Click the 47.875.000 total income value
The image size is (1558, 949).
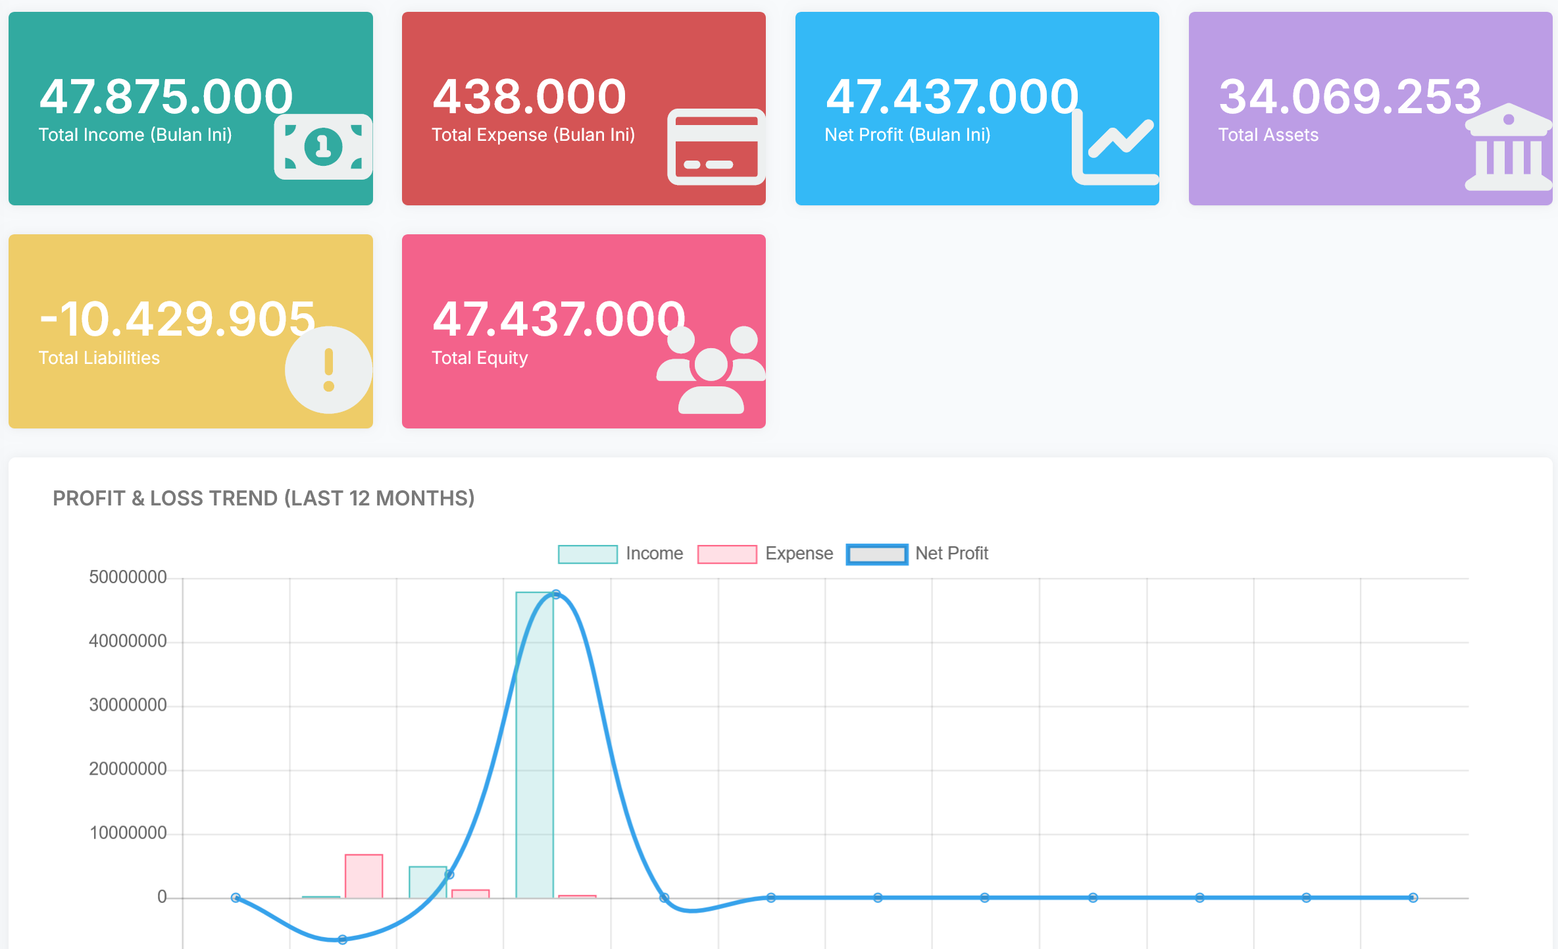(x=166, y=97)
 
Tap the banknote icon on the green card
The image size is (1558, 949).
(x=323, y=147)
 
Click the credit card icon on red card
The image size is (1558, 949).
(x=716, y=147)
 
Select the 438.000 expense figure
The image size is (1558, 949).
(x=529, y=97)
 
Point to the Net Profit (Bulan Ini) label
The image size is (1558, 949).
(x=907, y=135)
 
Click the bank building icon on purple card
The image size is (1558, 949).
(x=1508, y=147)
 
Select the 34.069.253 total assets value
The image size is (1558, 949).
(x=1350, y=97)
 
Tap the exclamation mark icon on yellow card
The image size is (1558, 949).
(x=328, y=370)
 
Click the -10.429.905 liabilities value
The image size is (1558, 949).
(x=178, y=319)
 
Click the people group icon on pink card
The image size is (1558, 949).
(x=711, y=370)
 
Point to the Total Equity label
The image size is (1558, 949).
(x=480, y=358)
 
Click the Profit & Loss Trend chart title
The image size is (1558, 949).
(x=263, y=498)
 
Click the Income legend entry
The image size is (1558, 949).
(x=620, y=553)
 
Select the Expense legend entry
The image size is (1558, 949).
(x=765, y=553)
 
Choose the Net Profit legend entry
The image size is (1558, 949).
(x=917, y=553)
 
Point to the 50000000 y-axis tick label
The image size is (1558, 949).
(x=128, y=577)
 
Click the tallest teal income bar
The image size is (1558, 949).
(x=534, y=744)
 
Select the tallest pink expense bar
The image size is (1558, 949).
(x=364, y=876)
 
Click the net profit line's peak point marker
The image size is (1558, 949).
(x=556, y=594)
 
